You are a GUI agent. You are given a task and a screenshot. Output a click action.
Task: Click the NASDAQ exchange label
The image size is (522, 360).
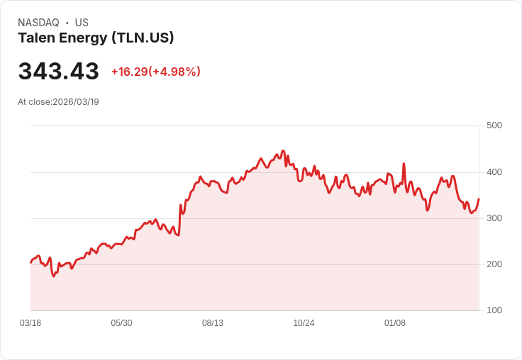click(38, 23)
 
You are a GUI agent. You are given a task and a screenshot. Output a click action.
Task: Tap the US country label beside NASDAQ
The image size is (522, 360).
click(82, 23)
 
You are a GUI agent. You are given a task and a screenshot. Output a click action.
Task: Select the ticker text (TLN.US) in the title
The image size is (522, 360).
click(143, 38)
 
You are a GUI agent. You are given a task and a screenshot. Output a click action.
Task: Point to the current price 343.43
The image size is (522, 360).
click(58, 72)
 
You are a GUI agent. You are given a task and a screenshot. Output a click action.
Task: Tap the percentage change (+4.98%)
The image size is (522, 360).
click(174, 72)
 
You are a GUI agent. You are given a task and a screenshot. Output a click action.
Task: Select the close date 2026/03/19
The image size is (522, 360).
click(76, 102)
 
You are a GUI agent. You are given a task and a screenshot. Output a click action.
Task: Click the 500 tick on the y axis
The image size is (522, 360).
click(494, 125)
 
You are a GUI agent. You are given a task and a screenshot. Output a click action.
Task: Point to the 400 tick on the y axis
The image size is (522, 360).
click(494, 172)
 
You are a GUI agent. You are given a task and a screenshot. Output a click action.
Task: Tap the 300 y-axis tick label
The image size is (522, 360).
click(494, 218)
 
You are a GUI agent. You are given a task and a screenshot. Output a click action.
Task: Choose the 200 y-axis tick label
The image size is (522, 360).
click(494, 264)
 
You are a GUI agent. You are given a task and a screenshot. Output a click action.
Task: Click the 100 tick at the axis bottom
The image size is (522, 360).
click(494, 310)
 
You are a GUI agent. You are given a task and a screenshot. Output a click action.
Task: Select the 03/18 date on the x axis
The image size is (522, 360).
click(30, 323)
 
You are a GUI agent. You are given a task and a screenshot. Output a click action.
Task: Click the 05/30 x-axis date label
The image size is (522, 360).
click(121, 323)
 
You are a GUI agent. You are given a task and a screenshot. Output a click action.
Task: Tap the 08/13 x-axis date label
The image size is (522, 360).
click(213, 323)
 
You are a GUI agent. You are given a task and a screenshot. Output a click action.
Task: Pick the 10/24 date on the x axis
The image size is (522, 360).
click(304, 323)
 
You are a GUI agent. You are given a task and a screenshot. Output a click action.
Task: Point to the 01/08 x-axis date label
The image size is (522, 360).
click(395, 323)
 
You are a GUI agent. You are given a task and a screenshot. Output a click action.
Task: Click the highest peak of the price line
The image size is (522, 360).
click(283, 151)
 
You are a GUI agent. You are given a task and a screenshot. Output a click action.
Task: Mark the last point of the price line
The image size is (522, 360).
click(479, 199)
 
